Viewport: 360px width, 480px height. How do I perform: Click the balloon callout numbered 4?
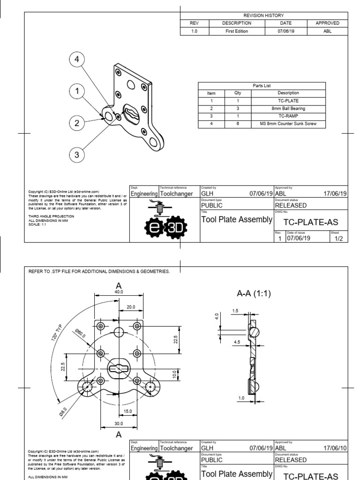tap(77, 60)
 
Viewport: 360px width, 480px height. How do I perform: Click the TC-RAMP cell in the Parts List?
tap(288, 116)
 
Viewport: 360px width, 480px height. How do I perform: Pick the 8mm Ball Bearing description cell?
tap(288, 108)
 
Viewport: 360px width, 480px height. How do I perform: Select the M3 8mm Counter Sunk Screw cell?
tap(288, 124)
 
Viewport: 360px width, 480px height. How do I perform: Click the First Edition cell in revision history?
tap(236, 31)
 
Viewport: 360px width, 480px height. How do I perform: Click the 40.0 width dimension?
tap(119, 292)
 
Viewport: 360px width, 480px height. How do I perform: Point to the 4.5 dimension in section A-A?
tap(237, 342)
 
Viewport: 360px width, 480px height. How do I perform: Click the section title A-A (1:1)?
tap(254, 294)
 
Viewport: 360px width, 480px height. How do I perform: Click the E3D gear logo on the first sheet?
tap(165, 227)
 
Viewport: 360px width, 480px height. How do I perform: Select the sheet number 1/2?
tap(338, 238)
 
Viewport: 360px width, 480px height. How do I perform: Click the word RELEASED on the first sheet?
tap(291, 205)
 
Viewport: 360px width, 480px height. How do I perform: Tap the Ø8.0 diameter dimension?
tap(63, 411)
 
